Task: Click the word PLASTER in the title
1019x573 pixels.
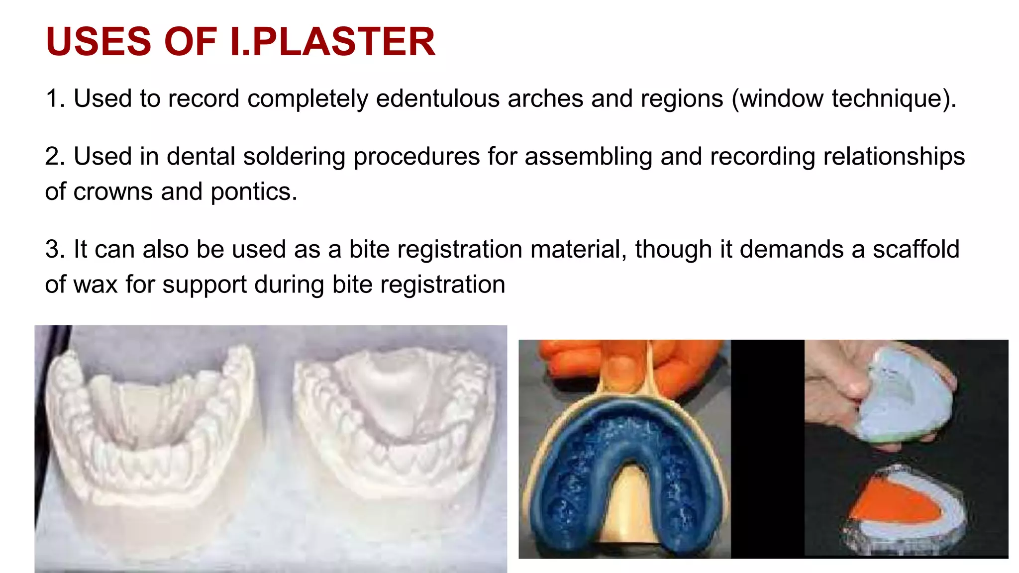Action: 343,42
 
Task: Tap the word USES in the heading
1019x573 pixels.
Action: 98,42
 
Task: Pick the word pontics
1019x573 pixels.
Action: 254,192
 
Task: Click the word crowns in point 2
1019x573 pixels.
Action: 113,192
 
